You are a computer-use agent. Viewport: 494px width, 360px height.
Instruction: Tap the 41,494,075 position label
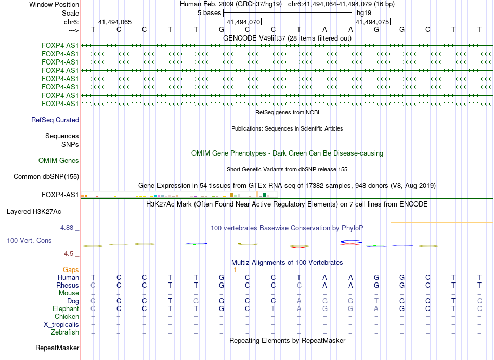tap(372, 22)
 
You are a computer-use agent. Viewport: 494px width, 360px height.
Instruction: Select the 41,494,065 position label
tap(115, 22)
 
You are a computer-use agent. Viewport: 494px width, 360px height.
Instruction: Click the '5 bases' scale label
tap(209, 12)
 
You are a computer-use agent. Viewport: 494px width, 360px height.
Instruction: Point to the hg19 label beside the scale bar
tap(363, 12)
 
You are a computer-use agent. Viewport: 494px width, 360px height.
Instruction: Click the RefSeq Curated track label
tap(55, 120)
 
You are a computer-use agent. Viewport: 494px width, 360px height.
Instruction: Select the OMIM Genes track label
tap(59, 161)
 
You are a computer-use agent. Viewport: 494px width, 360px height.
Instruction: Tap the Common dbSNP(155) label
tap(46, 177)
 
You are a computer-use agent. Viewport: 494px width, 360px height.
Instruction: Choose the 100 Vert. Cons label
tap(29, 241)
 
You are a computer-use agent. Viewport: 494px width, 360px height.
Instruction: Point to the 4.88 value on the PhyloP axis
tap(68, 228)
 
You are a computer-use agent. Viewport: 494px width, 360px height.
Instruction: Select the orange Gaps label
tap(71, 270)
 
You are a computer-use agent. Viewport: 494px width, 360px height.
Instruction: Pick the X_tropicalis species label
tap(61, 325)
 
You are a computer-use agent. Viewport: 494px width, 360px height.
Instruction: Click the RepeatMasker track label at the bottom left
tap(57, 348)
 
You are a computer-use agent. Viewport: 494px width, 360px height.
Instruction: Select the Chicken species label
tap(67, 317)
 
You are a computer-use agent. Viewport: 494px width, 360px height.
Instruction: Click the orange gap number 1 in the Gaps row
tap(235, 270)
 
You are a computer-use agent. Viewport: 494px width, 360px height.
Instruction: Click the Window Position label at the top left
tap(54, 4)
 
